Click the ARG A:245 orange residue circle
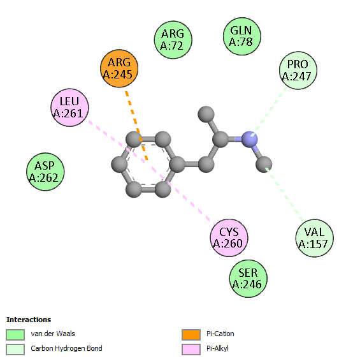(x=119, y=68)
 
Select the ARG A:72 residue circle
(x=173, y=40)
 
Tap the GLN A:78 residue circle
(x=242, y=36)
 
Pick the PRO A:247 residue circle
(x=298, y=70)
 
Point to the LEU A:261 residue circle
(x=69, y=108)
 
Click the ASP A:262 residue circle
(x=45, y=172)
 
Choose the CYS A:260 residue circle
(x=229, y=238)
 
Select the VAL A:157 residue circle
(x=315, y=238)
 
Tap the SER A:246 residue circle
(x=248, y=279)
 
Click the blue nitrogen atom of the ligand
(x=249, y=139)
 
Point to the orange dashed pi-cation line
(x=136, y=126)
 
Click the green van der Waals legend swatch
(x=15, y=334)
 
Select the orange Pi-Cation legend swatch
(x=191, y=334)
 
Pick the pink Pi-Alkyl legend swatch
(x=191, y=350)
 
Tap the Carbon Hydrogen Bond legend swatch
(x=15, y=350)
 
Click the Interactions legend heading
(x=29, y=320)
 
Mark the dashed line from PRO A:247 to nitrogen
(x=270, y=111)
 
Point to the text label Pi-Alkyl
(x=217, y=349)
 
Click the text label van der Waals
(x=53, y=334)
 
